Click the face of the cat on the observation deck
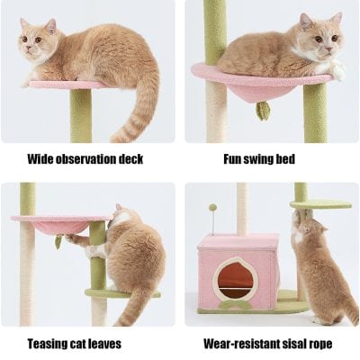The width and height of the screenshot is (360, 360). pyautogui.click(x=37, y=44)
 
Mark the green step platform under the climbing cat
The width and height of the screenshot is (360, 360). pyautogui.click(x=112, y=293)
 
